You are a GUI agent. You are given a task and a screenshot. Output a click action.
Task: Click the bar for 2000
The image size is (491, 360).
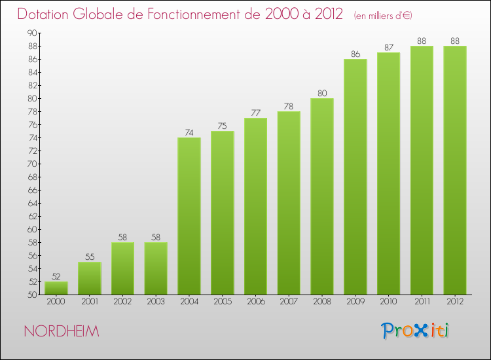(56, 288)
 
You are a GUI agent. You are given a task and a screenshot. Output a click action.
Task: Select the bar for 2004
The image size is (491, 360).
(189, 216)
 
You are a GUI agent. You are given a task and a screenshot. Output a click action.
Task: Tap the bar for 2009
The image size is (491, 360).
(355, 177)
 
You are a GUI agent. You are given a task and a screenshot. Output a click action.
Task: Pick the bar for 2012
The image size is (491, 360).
(454, 170)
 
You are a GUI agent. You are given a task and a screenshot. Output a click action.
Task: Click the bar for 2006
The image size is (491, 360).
(255, 206)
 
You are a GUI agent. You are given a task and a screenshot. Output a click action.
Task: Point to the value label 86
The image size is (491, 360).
(355, 54)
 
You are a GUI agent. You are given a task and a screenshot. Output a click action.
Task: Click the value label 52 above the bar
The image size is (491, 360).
(56, 277)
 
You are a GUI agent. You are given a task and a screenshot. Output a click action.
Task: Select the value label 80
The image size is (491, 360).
(322, 94)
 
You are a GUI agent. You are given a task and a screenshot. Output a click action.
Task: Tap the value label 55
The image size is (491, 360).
(90, 257)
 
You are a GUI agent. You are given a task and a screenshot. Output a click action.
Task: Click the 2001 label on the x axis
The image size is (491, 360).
(90, 302)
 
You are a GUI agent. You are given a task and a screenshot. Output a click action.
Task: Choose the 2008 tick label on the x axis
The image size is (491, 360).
(322, 302)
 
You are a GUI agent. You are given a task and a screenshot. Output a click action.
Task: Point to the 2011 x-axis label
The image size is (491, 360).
(422, 302)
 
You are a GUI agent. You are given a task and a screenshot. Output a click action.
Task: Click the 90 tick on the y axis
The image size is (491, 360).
(31, 33)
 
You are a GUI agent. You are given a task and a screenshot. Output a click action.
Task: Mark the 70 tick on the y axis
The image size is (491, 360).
(31, 164)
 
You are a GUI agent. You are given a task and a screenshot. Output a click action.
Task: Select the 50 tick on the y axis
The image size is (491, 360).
(31, 295)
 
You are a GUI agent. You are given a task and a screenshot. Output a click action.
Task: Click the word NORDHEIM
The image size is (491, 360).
(62, 332)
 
